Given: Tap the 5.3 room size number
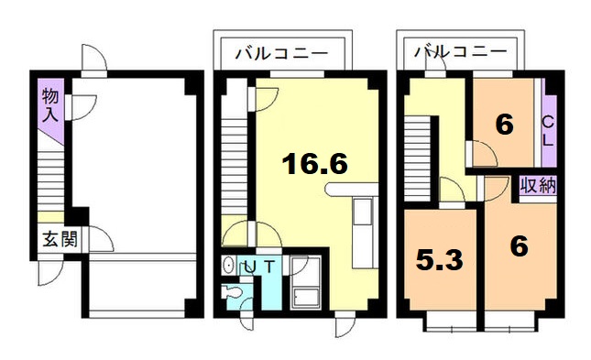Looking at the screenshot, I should click(x=437, y=259).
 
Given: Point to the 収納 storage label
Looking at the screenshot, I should click(x=538, y=186).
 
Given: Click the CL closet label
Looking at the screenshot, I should click(x=547, y=131).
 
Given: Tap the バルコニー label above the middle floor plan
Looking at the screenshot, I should click(x=282, y=52).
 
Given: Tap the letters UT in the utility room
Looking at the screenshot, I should click(x=259, y=267).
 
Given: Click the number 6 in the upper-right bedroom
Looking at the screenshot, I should click(x=503, y=124).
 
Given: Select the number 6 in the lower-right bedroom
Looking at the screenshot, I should click(x=519, y=247).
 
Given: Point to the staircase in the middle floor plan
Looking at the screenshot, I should click(x=235, y=160).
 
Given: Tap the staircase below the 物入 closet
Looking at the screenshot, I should click(x=52, y=179).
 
